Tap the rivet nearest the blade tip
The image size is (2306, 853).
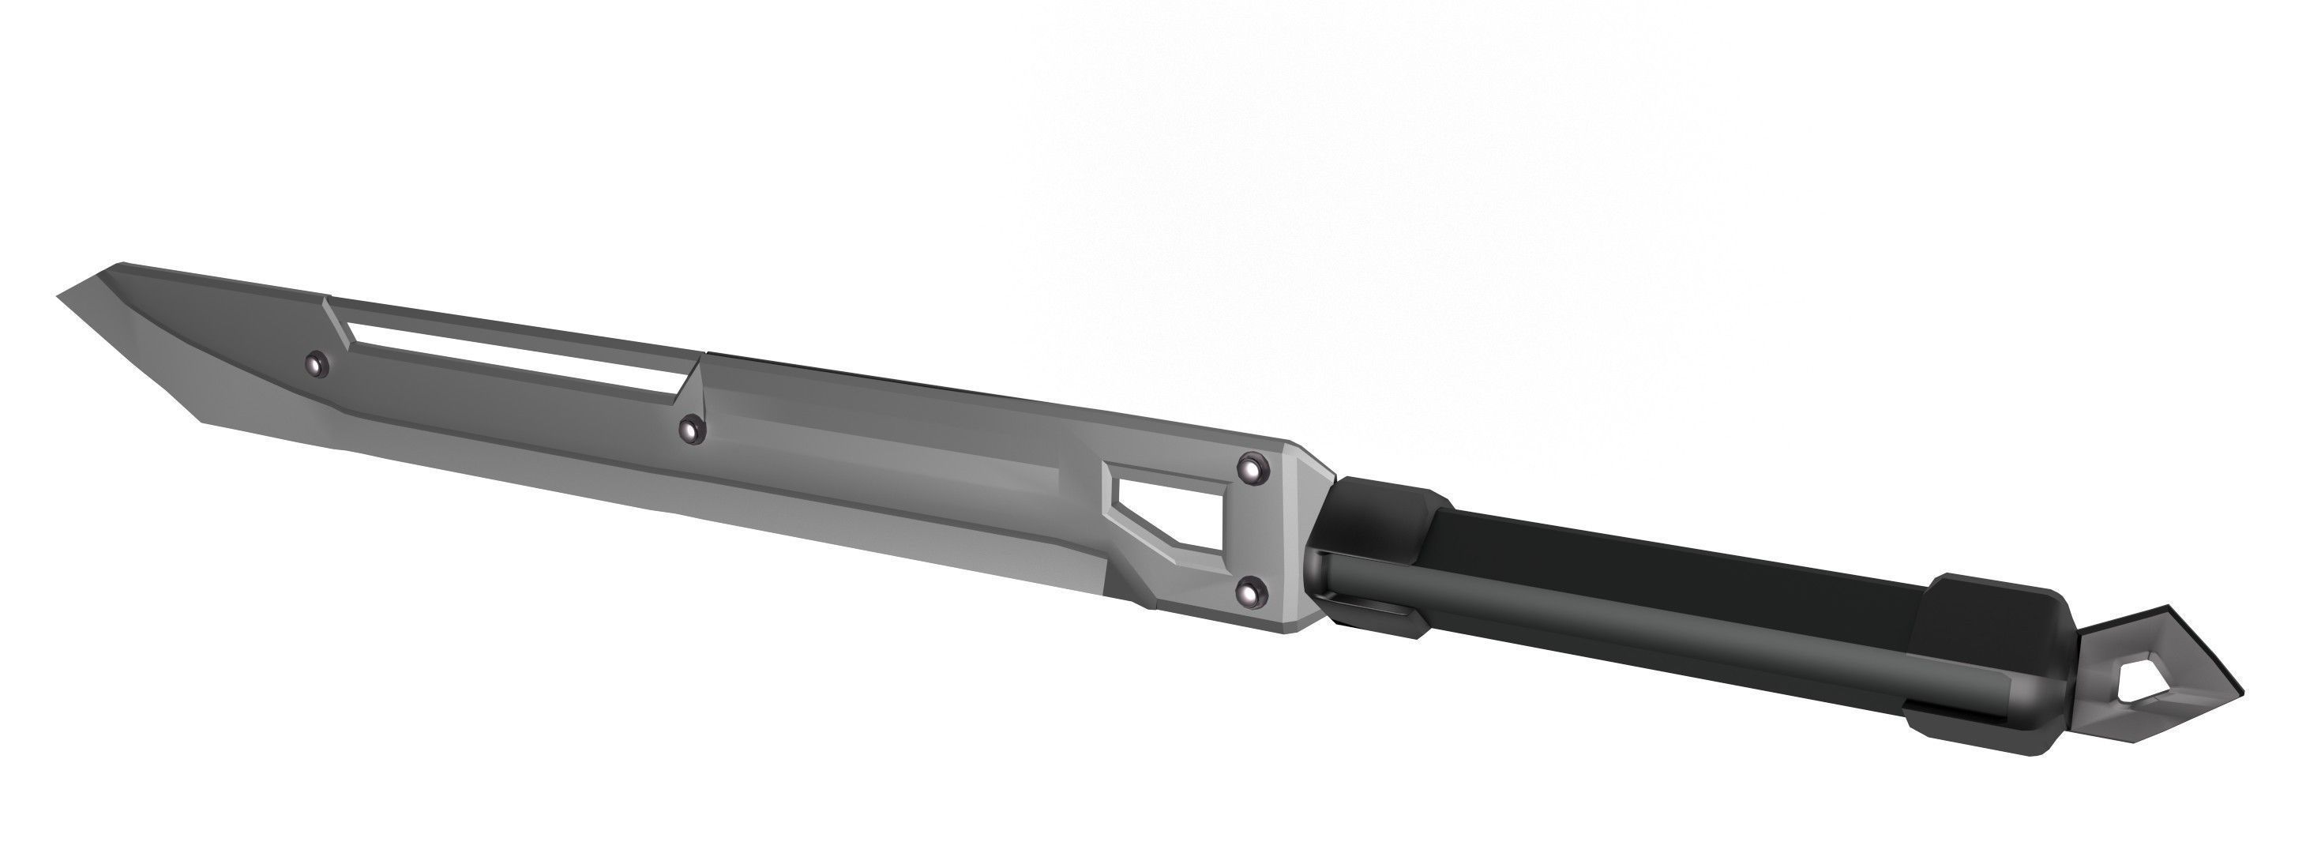(315, 363)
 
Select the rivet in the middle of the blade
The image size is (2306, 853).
(690, 429)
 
